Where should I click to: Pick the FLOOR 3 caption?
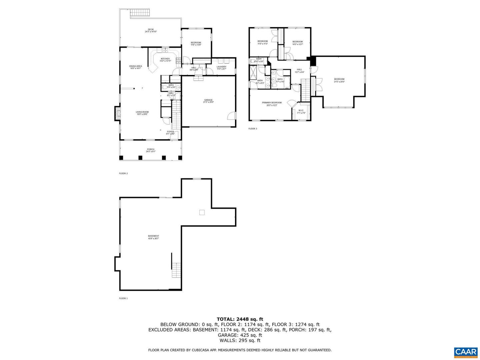[x=253, y=129]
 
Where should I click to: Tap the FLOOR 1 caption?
[x=123, y=298]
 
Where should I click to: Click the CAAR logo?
[x=465, y=352]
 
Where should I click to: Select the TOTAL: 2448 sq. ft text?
[x=240, y=319]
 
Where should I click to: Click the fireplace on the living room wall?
[x=117, y=113]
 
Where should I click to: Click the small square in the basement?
[x=202, y=212]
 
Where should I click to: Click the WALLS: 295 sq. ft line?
[x=240, y=340]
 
